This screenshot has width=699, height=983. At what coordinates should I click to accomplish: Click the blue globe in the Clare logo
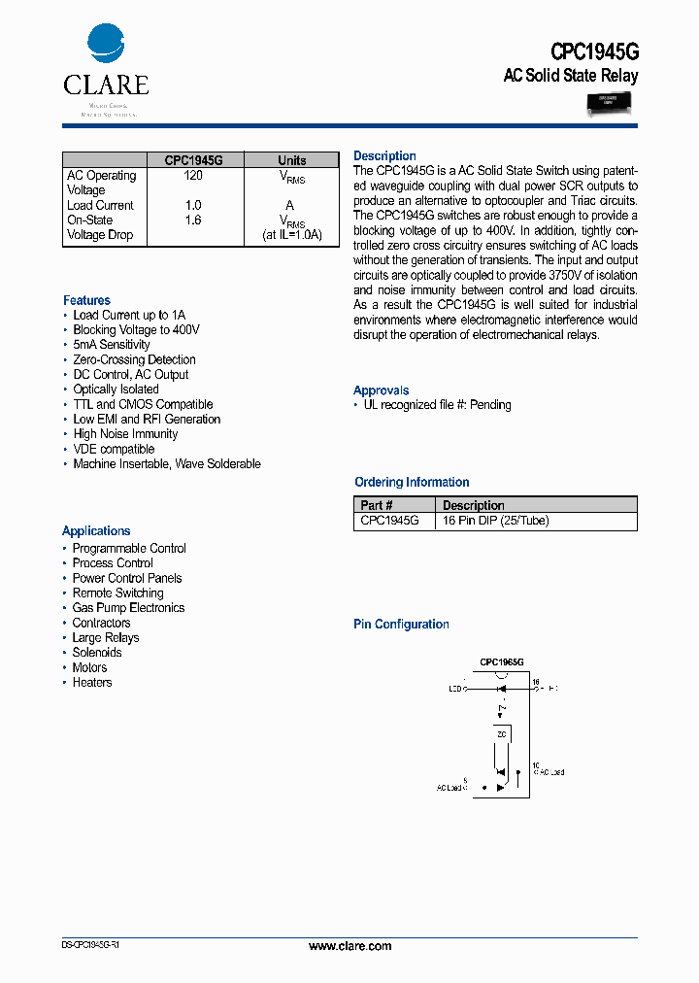click(106, 45)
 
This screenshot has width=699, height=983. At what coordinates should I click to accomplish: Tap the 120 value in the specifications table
click(193, 176)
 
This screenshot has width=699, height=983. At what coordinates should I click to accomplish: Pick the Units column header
click(291, 160)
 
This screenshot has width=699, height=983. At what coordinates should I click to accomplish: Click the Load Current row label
click(100, 205)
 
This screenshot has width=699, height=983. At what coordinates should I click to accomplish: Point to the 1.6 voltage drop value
click(193, 220)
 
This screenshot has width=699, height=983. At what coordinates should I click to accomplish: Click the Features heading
click(86, 300)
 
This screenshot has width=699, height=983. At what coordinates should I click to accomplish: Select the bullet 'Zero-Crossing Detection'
click(134, 359)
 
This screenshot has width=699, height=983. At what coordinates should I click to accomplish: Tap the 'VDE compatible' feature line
click(114, 449)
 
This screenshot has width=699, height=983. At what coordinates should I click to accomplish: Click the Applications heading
click(96, 531)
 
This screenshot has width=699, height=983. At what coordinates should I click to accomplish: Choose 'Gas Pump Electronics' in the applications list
click(128, 608)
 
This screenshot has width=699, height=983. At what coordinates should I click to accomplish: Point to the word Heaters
click(92, 682)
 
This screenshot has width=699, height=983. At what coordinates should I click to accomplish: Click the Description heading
click(384, 155)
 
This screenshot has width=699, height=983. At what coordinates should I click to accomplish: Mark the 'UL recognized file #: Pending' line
click(437, 404)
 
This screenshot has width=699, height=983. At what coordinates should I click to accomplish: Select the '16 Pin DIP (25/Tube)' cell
click(495, 521)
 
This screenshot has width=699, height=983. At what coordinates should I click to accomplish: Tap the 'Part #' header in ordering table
click(377, 505)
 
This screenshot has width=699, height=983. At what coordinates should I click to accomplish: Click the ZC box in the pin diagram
click(502, 734)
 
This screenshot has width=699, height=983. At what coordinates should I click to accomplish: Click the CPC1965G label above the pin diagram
click(502, 661)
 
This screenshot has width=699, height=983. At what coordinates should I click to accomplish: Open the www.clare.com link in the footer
click(349, 945)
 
